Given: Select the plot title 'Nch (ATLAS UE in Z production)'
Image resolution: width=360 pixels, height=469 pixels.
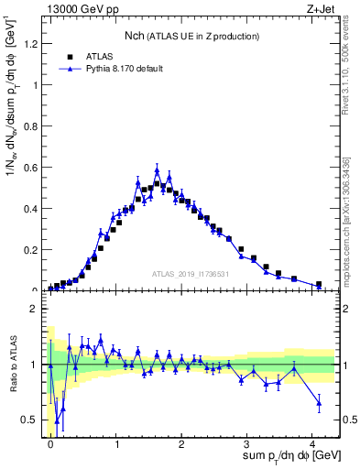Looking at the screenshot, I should [192, 36].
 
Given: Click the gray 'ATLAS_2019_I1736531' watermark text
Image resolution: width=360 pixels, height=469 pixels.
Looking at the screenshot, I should [190, 274].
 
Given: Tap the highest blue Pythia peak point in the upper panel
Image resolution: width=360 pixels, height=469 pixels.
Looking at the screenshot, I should [157, 170].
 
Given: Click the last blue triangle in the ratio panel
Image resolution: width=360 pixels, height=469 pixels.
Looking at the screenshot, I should [319, 402].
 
